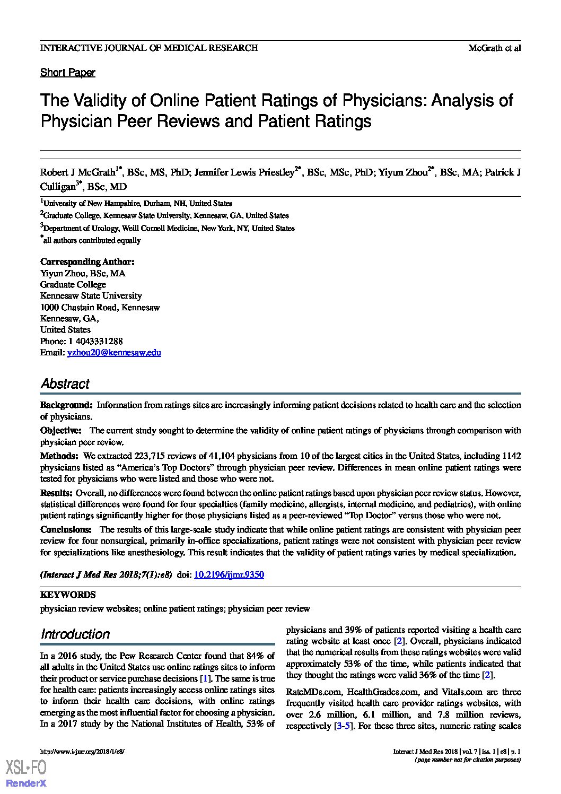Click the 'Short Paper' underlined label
tap(68, 73)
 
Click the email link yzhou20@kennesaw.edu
tap(114, 352)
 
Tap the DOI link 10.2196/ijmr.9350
tap(229, 574)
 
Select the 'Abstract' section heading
tap(65, 384)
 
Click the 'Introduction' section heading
tap(75, 634)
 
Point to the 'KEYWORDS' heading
tap(68, 595)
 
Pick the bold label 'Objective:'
tap(61, 431)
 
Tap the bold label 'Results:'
tap(57, 493)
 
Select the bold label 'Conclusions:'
tap(66, 529)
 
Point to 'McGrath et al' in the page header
tap(494, 48)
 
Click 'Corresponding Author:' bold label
tap(87, 262)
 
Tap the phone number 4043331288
tap(98, 341)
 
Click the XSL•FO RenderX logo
tap(26, 773)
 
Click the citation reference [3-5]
tap(342, 726)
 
